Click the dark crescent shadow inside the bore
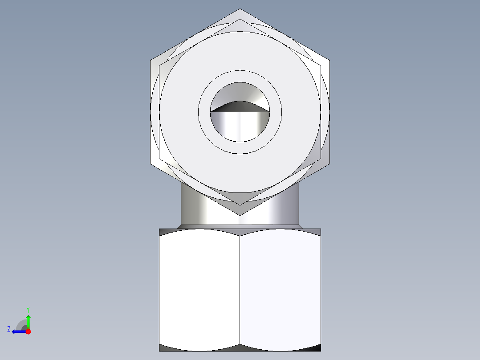pyautogui.click(x=240, y=106)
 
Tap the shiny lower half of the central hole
pyautogui.click(x=240, y=127)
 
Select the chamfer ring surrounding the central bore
pyautogui.click(x=240, y=77)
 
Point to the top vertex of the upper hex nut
pyautogui.click(x=240, y=10)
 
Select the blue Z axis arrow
pyautogui.click(x=18, y=331)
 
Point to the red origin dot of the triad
pyautogui.click(x=28, y=331)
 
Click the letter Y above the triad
pyautogui.click(x=28, y=309)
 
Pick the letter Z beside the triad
pyautogui.click(x=9, y=329)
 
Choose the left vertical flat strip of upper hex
pyautogui.click(x=155, y=111)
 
